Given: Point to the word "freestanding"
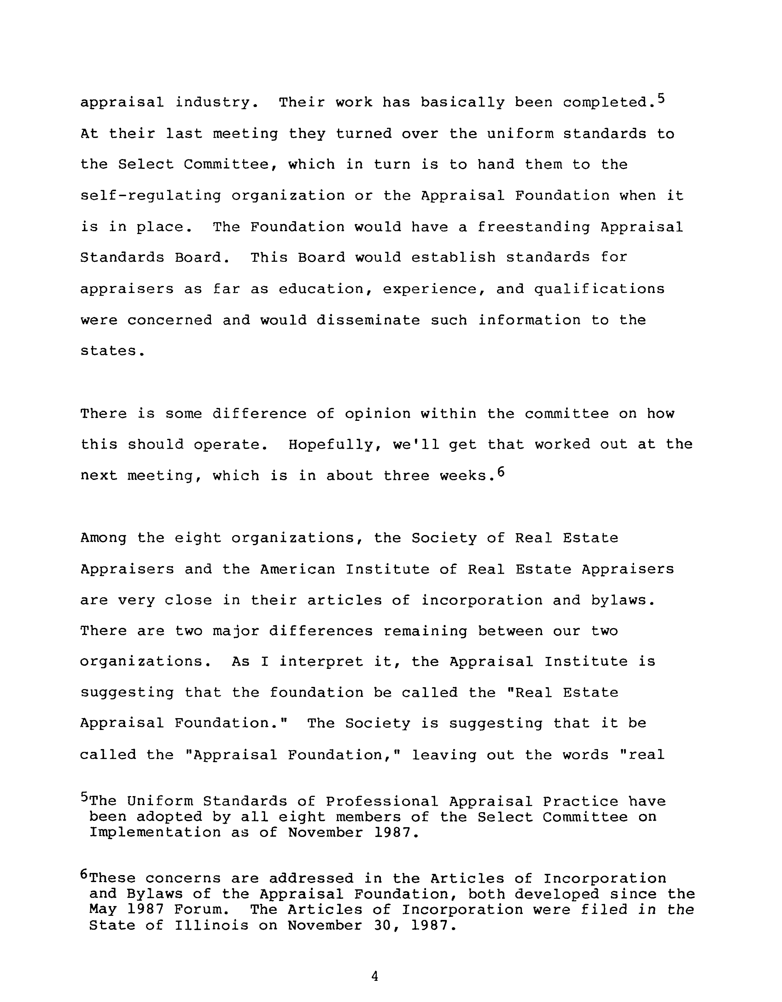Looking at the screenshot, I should click(x=533, y=227).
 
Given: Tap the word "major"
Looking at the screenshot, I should click(x=235, y=631).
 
